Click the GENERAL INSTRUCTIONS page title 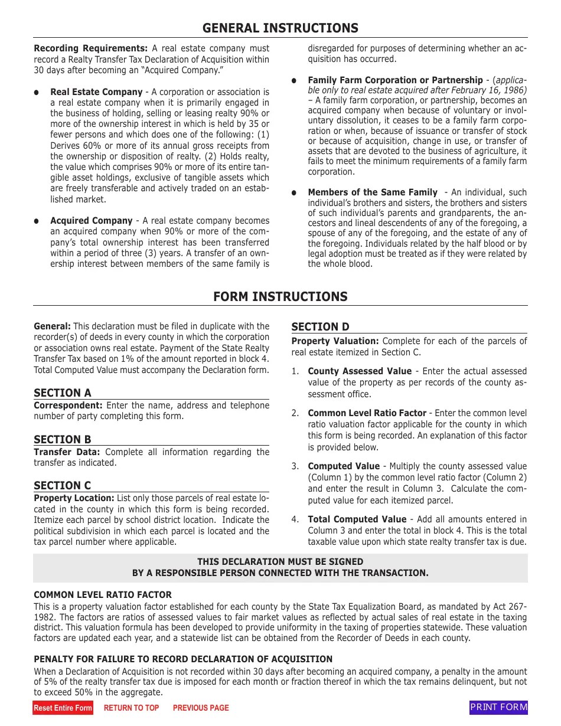point(280,28)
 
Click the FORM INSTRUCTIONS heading point(280,296)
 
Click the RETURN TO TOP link point(131,708)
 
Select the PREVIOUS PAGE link point(200,708)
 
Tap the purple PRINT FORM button point(498,707)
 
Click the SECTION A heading point(62,393)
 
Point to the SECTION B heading point(62,439)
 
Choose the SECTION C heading point(62,485)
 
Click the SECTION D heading point(320,327)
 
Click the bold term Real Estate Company point(96,92)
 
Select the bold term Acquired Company point(91,221)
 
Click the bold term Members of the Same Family point(373,192)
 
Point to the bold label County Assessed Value point(360,371)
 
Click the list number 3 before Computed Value point(295,466)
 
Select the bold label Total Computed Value point(357,519)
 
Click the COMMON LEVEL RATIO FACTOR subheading point(103,595)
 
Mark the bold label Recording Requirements point(90,48)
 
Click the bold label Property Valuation point(335,341)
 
